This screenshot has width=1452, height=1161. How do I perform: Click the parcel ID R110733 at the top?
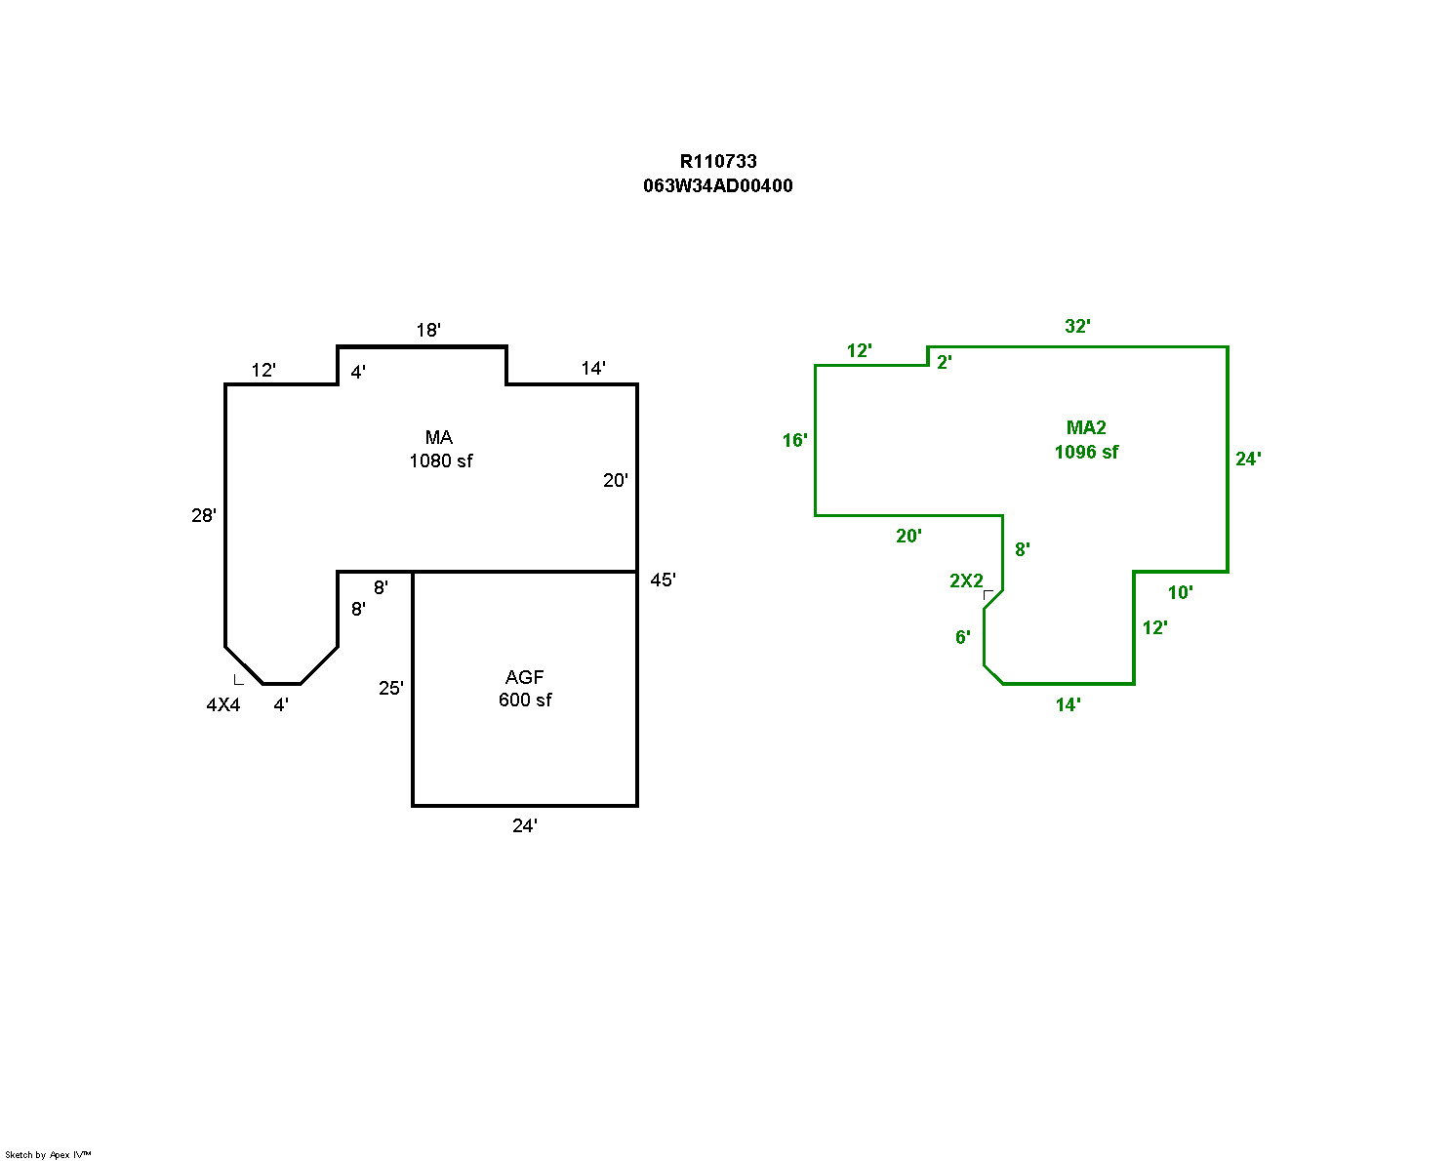pyautogui.click(x=718, y=162)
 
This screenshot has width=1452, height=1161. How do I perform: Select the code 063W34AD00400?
pyautogui.click(x=718, y=186)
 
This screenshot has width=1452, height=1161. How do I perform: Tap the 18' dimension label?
pyautogui.click(x=428, y=331)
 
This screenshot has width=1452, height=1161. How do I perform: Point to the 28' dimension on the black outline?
pyautogui.click(x=204, y=516)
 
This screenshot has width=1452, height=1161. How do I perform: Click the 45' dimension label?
pyautogui.click(x=663, y=580)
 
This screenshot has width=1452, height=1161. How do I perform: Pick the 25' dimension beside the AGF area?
pyautogui.click(x=391, y=689)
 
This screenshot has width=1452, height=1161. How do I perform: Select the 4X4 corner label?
pyautogui.click(x=223, y=705)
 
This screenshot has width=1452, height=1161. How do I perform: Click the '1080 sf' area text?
pyautogui.click(x=441, y=461)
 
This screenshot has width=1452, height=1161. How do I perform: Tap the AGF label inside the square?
pyautogui.click(x=525, y=677)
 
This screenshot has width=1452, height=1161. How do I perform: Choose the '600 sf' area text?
pyautogui.click(x=525, y=701)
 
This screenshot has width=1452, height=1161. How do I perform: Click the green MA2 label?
pyautogui.click(x=1086, y=428)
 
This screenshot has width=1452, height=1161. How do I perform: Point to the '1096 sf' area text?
pyautogui.click(x=1086, y=453)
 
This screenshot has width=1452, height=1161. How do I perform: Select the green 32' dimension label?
pyautogui.click(x=1077, y=327)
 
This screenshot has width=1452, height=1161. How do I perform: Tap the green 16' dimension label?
pyautogui.click(x=795, y=441)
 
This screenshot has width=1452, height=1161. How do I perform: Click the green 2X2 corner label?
pyautogui.click(x=966, y=581)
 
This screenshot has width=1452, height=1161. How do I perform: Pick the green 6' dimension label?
pyautogui.click(x=963, y=638)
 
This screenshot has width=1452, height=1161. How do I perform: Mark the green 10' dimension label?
pyautogui.click(x=1181, y=593)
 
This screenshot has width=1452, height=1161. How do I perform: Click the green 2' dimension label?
pyautogui.click(x=945, y=363)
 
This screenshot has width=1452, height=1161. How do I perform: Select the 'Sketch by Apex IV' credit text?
pyautogui.click(x=48, y=1155)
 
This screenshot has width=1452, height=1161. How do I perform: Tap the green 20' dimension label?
pyautogui.click(x=909, y=537)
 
